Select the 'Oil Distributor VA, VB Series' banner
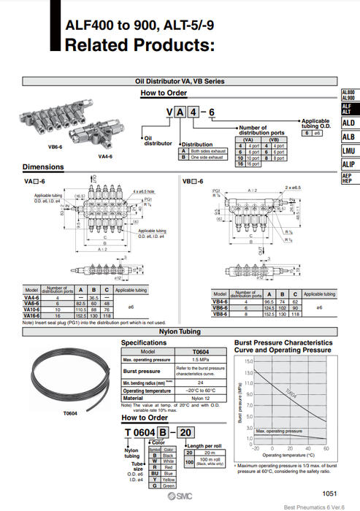point(180,81)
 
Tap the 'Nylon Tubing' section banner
point(180,332)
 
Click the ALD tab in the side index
point(349,123)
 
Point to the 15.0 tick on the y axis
point(248,361)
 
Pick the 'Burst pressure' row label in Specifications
point(139,371)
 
